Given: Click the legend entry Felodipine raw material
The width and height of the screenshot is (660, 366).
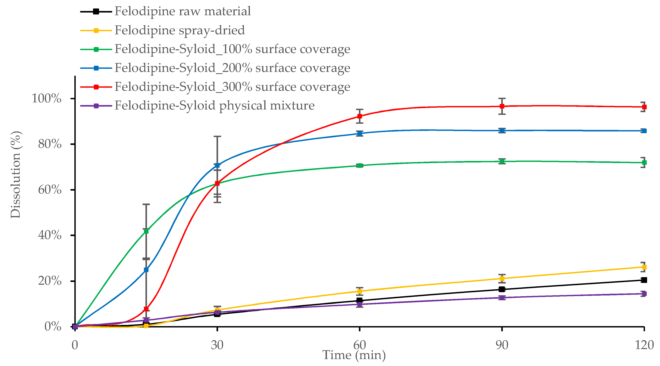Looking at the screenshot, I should click(182, 11).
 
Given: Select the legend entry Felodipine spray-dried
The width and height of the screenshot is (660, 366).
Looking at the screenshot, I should click(179, 30).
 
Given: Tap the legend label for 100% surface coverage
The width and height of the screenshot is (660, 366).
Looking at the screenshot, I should click(232, 49).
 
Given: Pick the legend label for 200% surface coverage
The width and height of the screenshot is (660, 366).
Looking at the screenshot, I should click(232, 68).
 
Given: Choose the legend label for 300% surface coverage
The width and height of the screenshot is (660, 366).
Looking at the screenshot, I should click(232, 87).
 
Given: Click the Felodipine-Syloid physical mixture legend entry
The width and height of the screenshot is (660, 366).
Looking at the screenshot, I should click(214, 106).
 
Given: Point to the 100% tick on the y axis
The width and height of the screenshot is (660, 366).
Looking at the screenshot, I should click(47, 98).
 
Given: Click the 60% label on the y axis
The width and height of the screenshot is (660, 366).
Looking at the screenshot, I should click(50, 190).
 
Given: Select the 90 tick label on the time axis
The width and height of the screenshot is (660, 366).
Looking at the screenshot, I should click(502, 345).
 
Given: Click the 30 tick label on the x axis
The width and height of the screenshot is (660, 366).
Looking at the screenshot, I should click(217, 345).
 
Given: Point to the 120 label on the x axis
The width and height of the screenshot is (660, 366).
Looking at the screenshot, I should click(644, 345).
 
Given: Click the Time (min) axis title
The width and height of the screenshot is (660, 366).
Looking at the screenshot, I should click(354, 355).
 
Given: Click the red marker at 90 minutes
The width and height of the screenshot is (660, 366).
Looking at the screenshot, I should click(502, 106).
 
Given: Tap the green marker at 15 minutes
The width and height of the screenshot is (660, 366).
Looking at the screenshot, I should click(146, 231).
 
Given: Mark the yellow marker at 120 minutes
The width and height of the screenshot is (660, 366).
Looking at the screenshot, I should click(644, 267).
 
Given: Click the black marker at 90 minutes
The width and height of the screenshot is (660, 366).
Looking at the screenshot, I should click(502, 289).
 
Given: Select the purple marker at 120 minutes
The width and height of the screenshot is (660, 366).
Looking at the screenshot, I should click(644, 294).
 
